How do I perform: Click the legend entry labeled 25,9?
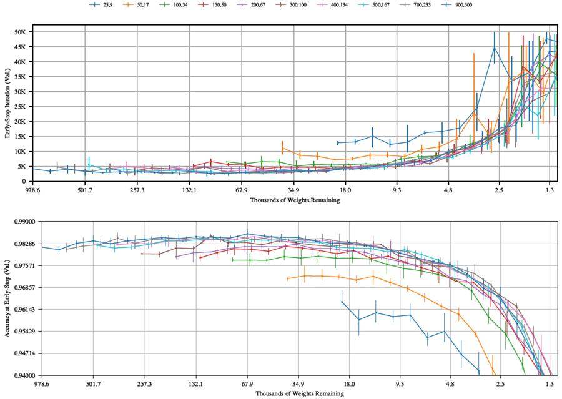click(x=110, y=6)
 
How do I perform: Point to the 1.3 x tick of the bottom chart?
click(x=550, y=384)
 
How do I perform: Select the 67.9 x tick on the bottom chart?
click(x=247, y=384)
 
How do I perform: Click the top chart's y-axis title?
click(x=8, y=106)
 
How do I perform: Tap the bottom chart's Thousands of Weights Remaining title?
click(x=295, y=393)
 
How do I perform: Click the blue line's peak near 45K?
click(x=495, y=47)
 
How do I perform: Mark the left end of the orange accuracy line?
click(x=287, y=278)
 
